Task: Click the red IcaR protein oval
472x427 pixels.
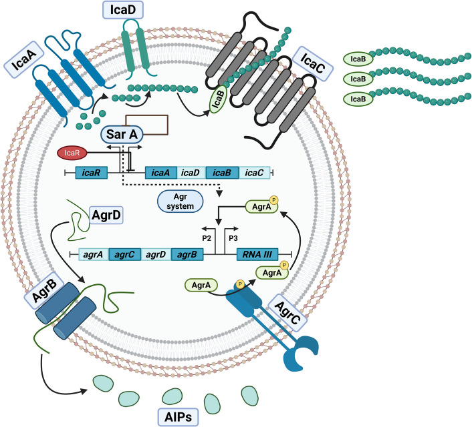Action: [x=72, y=153]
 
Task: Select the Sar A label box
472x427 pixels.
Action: [x=122, y=134]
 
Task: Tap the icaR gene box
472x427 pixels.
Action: [x=91, y=173]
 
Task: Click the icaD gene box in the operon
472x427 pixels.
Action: [x=191, y=173]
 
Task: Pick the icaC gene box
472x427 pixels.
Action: [x=254, y=173]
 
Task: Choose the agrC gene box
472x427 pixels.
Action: [x=124, y=254]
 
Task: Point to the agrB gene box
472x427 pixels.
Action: [x=187, y=254]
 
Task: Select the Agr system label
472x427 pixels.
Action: [x=181, y=201]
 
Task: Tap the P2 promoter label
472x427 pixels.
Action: [x=207, y=238]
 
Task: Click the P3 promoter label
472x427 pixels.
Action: [x=233, y=238]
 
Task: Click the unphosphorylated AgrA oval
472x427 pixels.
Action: [x=201, y=285]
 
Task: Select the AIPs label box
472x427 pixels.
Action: [x=179, y=417]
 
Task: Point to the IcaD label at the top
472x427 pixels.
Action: [x=123, y=10]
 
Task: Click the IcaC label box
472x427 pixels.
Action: [x=313, y=63]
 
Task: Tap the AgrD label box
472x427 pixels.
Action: [x=106, y=215]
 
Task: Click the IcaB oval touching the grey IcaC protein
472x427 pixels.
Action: [x=219, y=99]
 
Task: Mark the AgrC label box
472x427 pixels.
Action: [x=287, y=313]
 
